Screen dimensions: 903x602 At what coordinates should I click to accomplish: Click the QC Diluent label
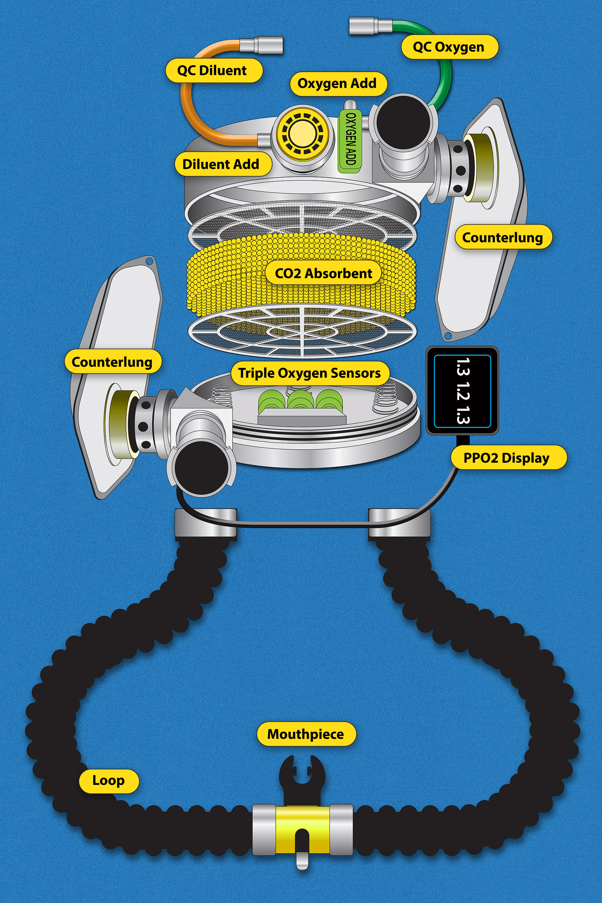(x=214, y=71)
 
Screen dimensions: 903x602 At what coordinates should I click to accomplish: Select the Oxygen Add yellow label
(x=337, y=84)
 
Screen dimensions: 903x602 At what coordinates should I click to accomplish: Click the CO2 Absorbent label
(x=323, y=273)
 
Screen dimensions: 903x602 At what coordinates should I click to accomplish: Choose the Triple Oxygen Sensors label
(x=310, y=373)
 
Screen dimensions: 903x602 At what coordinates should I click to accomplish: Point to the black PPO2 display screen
(x=462, y=391)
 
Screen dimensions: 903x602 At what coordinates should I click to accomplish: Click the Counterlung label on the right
(x=503, y=237)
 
